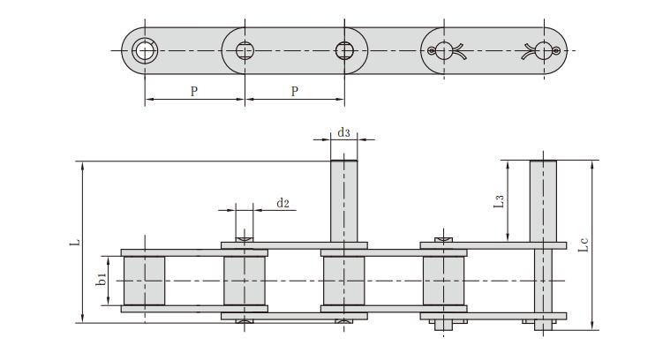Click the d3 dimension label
click(344, 133)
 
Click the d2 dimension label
click(283, 203)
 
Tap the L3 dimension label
click(500, 201)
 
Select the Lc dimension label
click(583, 245)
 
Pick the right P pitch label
click(294, 91)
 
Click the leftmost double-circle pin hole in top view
click(145, 49)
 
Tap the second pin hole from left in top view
click(245, 49)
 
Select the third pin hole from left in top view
click(343, 49)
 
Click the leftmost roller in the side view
click(143, 281)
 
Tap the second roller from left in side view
click(244, 281)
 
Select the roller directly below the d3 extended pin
click(343, 281)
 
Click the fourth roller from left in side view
click(443, 281)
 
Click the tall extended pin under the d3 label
click(343, 199)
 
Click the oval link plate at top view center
click(294, 50)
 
